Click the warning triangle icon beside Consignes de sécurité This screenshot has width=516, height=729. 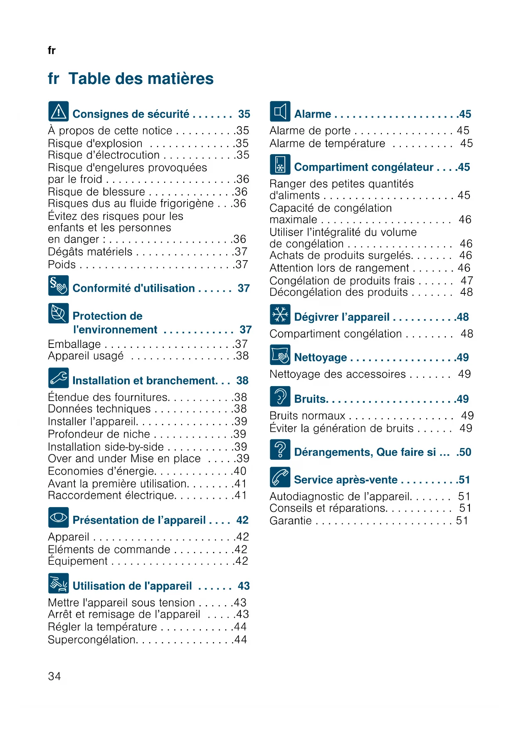pos(58,111)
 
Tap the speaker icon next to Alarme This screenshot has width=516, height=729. pos(280,111)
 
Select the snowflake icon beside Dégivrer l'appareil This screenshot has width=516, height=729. pos(280,314)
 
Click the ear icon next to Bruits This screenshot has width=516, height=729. pos(280,396)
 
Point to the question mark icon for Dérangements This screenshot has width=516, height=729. pos(280,449)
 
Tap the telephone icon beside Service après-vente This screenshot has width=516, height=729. pos(280,477)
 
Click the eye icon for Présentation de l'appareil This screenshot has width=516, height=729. pos(58,517)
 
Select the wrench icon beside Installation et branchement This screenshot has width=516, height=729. pos(58,378)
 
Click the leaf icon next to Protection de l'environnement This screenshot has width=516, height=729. pos(58,313)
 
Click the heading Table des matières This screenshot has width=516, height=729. pos(141,79)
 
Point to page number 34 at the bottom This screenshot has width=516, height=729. pos(54,676)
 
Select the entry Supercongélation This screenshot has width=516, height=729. pos(92,640)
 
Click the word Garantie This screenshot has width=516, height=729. pos(290,521)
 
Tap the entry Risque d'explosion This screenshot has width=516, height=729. pos(95,143)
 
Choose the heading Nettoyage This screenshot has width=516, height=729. pos(320,357)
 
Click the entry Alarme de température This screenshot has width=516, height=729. pos(327,143)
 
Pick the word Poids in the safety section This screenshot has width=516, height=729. pos(62,265)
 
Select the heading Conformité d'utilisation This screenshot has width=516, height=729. pos(133,288)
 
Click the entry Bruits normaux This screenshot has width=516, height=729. pos(307,416)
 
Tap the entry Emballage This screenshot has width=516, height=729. pos(74,344)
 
